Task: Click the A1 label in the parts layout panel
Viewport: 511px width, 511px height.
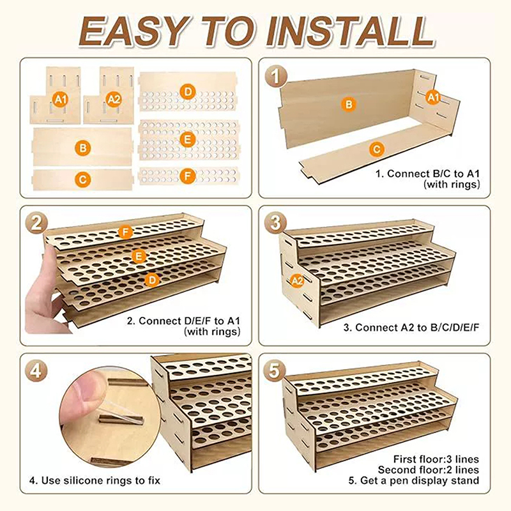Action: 61,99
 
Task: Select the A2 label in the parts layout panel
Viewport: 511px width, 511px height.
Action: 114,99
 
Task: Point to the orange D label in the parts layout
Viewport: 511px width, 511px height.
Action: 188,92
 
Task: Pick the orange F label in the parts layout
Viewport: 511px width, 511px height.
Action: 188,176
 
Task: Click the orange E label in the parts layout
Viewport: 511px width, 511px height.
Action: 188,140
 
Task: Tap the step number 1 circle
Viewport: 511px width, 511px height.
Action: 276,77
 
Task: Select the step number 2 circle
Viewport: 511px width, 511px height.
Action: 37,224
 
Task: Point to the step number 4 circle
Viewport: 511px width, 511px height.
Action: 36,371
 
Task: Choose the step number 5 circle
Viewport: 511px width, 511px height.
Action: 275,371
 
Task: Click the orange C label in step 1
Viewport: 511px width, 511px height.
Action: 377,149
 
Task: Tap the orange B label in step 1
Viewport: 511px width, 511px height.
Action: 349,105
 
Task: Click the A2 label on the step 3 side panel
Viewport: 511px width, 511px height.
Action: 297,280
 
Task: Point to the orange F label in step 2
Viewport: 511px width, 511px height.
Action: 125,233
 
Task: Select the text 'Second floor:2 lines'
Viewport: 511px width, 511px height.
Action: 428,470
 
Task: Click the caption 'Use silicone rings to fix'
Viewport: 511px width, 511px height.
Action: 101,481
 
